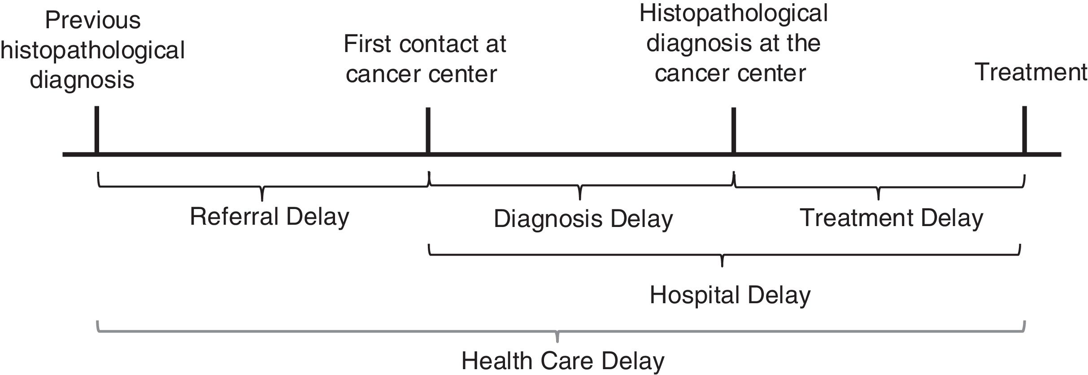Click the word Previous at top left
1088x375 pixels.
click(93, 21)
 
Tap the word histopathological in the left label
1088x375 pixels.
click(93, 50)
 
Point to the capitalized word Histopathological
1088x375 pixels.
click(733, 13)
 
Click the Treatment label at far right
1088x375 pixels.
click(1031, 72)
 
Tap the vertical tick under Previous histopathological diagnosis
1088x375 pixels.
click(97, 130)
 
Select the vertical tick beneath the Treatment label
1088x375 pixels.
click(1024, 130)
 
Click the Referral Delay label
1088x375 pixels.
click(269, 217)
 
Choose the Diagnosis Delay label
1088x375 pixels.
click(583, 219)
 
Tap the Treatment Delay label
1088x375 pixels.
click(891, 218)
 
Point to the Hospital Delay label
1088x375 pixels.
click(730, 296)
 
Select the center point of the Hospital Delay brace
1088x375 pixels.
click(722, 260)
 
